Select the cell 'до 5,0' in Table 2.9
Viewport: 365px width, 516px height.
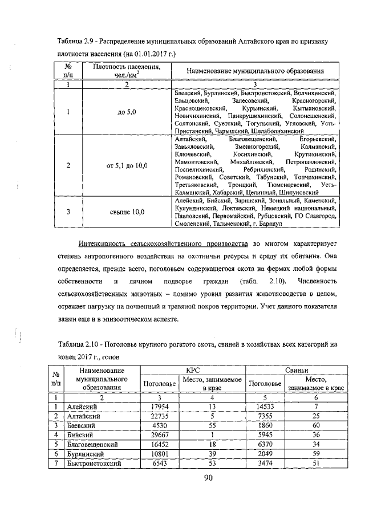pyautogui.click(x=127, y=112)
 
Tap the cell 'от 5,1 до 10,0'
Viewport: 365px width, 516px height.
pyautogui.click(x=127, y=166)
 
